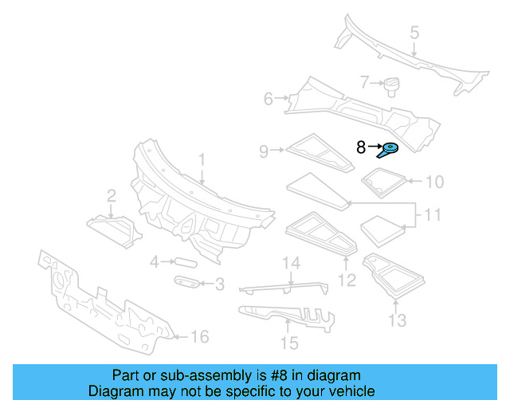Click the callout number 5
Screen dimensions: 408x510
click(414, 33)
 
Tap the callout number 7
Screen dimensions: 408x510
click(364, 81)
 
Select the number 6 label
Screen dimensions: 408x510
click(269, 99)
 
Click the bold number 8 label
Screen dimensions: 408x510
click(361, 147)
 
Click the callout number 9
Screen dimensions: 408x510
click(264, 149)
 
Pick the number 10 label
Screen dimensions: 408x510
click(433, 182)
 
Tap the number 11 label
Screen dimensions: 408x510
click(432, 215)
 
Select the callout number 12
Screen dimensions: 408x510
click(347, 280)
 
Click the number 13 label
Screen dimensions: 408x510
click(397, 320)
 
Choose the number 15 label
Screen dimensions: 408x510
click(288, 343)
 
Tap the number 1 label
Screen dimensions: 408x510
click(202, 160)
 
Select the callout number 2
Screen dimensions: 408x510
click(112, 195)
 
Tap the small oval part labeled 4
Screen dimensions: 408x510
click(185, 261)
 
